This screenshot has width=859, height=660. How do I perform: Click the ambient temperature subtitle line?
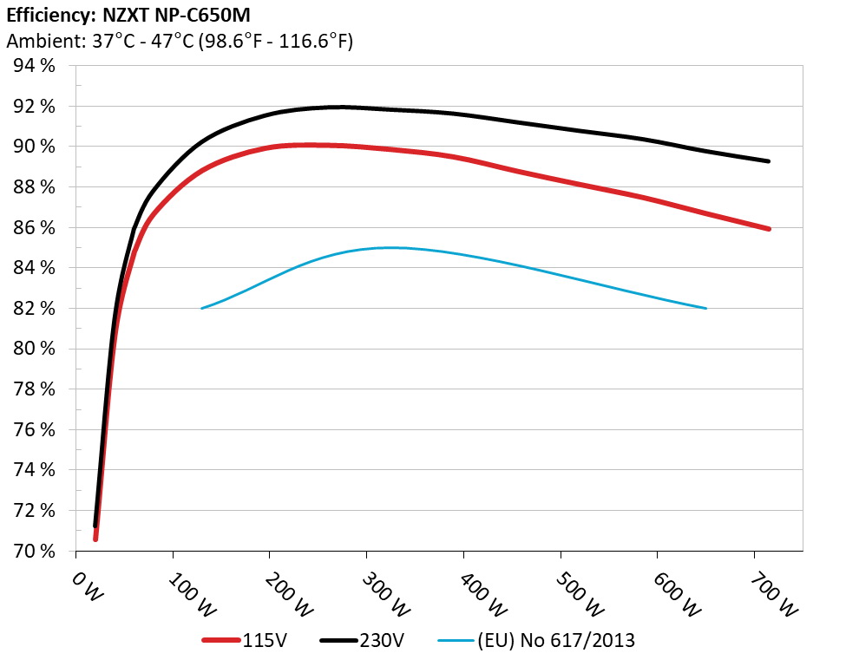180,41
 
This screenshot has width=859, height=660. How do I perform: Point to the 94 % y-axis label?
34,66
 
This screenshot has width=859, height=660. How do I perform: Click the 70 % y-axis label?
34,551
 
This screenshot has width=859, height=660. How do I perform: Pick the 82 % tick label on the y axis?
34,309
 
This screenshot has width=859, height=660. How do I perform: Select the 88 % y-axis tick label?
34,187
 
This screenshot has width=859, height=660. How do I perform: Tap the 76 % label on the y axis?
34,429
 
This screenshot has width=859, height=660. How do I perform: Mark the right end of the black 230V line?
769,161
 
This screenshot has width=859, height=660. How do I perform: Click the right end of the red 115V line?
769,229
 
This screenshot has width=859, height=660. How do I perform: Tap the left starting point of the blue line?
201,308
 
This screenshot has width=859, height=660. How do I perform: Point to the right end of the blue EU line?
706,308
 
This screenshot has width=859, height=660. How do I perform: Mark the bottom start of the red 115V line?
95,539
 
